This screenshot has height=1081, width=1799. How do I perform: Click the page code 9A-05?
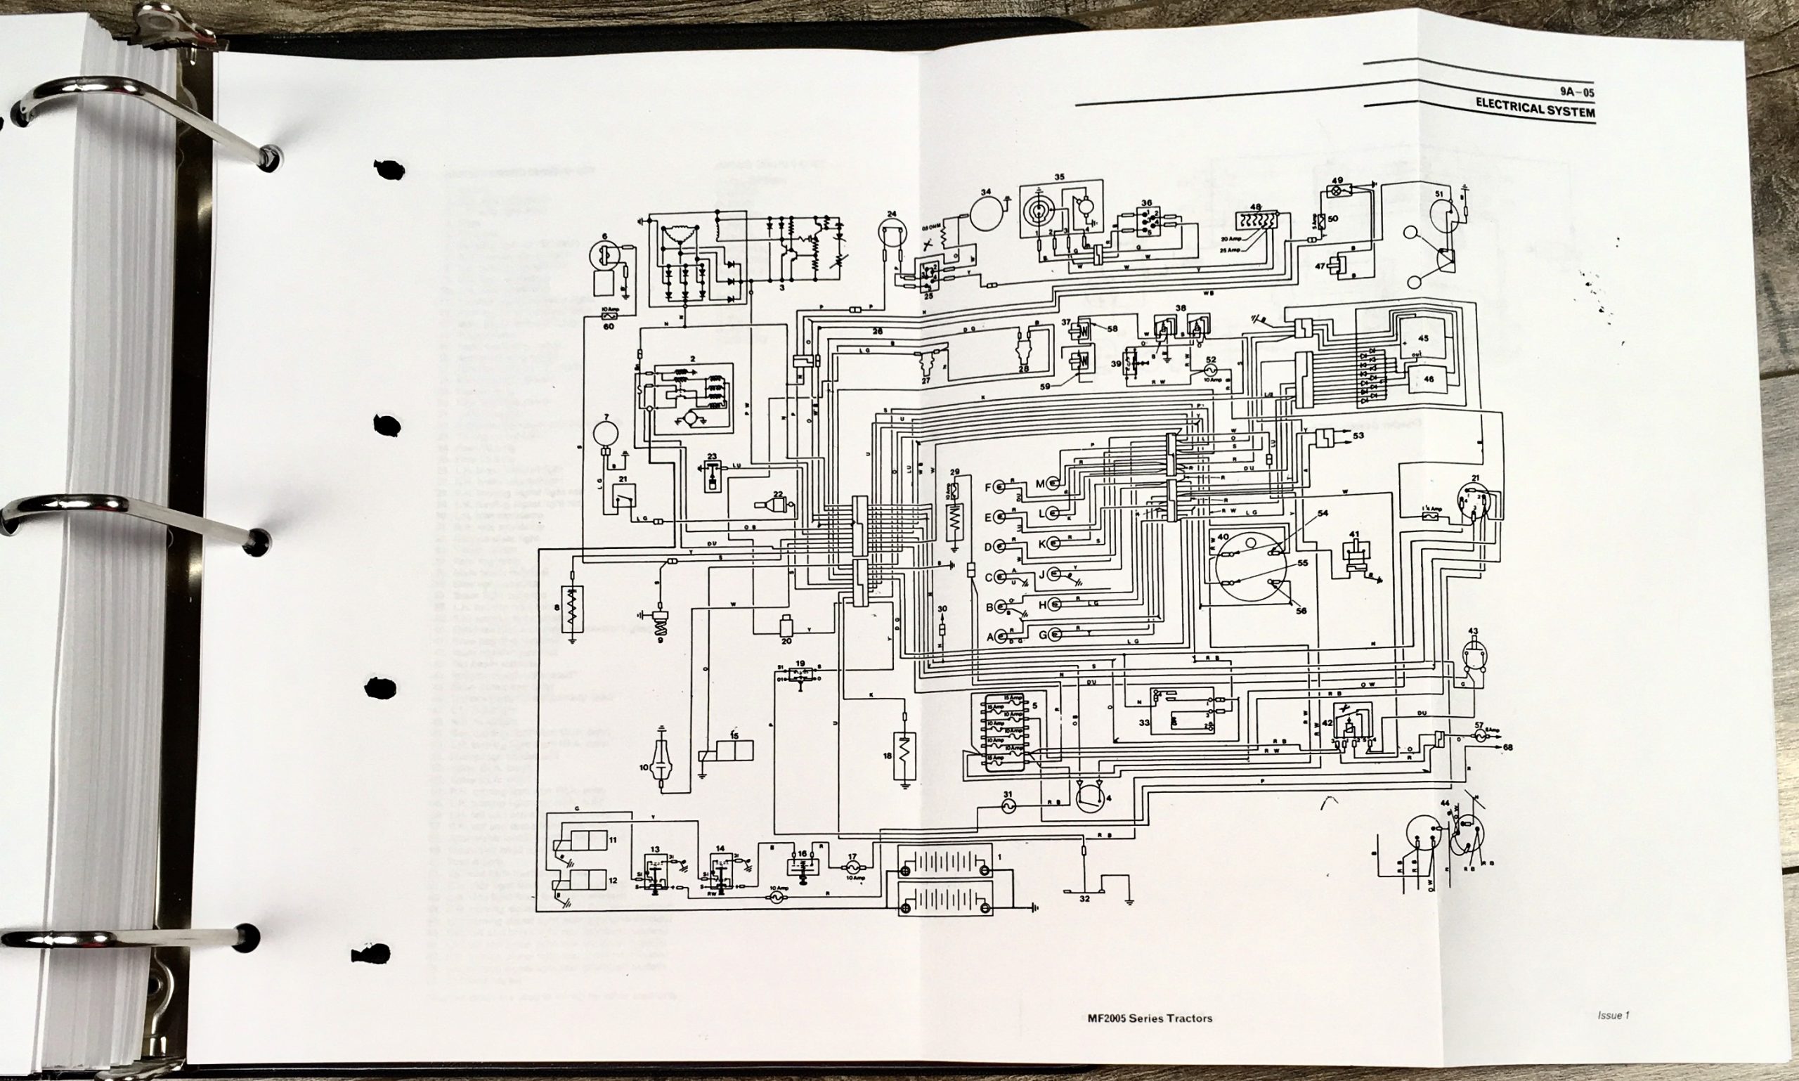coord(1577,93)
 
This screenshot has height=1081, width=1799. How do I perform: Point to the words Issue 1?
coord(1613,1016)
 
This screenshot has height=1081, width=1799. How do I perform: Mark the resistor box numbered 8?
coord(573,610)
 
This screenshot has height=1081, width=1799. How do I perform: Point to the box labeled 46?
coord(1427,379)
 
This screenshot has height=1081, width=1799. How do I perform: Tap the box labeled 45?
coord(1421,339)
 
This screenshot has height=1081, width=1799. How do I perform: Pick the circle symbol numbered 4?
coord(1091,798)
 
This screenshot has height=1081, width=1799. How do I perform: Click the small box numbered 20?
coord(786,626)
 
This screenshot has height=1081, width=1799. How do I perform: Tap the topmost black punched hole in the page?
coord(389,169)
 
